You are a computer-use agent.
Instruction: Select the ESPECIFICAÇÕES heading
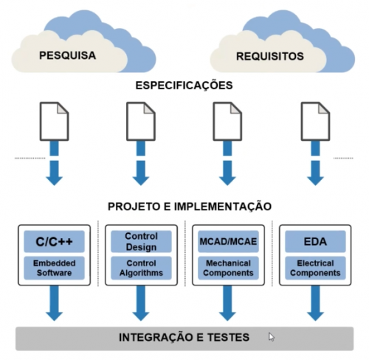[184, 86]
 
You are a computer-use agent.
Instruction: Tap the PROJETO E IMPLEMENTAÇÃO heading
[184, 206]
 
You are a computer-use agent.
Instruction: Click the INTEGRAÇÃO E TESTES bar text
[184, 338]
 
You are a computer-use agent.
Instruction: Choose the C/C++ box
[54, 240]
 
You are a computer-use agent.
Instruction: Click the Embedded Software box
[54, 268]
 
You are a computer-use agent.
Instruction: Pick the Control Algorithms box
[141, 268]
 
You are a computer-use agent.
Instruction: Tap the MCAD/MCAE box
[227, 240]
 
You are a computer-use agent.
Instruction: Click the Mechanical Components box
[227, 268]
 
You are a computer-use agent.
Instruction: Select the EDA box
[314, 240]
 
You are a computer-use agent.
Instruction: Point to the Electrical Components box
[314, 268]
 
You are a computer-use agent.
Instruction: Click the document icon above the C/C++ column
[54, 120]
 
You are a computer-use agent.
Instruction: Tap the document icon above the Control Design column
[141, 120]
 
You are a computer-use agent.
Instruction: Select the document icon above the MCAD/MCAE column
[227, 120]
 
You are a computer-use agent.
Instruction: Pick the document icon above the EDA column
[314, 120]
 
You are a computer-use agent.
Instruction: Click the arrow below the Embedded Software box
[54, 302]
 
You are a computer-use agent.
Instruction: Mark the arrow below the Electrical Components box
[314, 302]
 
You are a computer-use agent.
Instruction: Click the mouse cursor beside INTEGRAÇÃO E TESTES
[272, 337]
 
